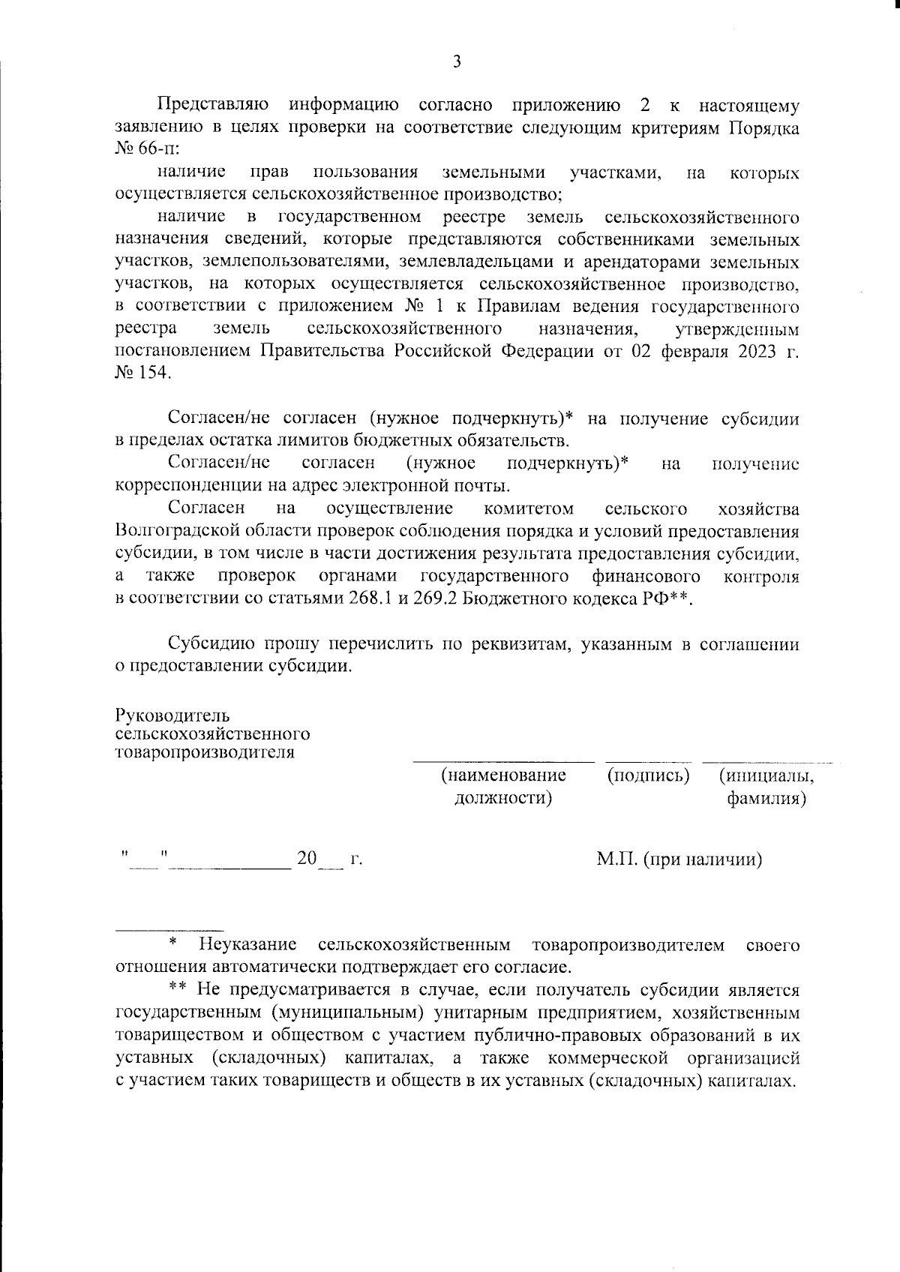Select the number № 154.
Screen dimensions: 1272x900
click(x=142, y=371)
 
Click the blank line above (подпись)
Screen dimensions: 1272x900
click(x=649, y=761)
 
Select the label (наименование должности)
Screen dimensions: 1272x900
click(x=503, y=785)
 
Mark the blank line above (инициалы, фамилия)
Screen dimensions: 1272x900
click(x=760, y=761)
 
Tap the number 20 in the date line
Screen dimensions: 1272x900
click(x=307, y=857)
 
